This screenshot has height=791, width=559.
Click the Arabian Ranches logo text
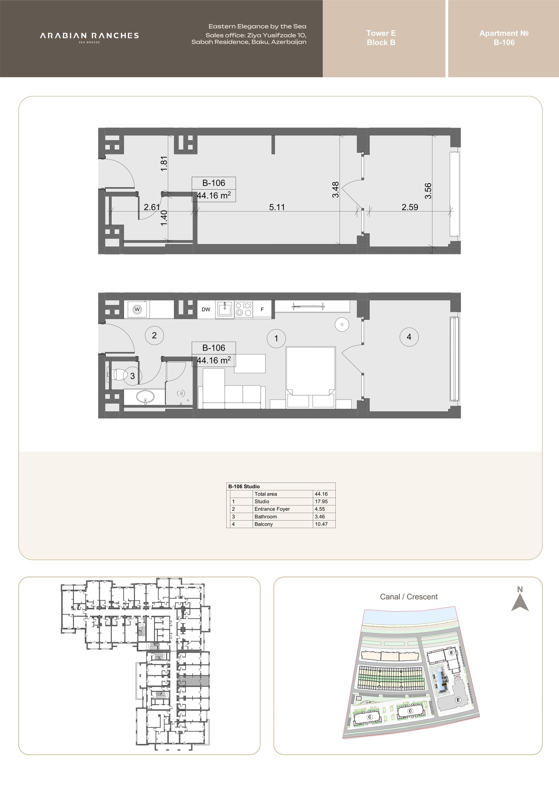pos(89,36)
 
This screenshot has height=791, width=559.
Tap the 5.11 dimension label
pos(277,207)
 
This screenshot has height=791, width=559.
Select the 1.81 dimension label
pos(164,164)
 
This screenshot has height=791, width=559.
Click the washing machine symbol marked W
pos(137,309)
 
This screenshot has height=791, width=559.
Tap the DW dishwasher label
pos(206,309)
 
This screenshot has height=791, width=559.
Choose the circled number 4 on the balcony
pos(409,337)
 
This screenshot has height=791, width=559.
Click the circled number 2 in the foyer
pos(154,335)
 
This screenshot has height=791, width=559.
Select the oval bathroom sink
pos(145,397)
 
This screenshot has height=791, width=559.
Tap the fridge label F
pos(262,310)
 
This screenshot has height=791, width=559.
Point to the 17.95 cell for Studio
pos(321,501)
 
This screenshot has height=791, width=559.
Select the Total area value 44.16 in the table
pos(321,494)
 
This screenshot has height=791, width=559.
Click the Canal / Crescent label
pos(408,597)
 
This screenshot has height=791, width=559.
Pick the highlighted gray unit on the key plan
pos(193,681)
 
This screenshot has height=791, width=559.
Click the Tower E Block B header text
pos(381,38)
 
